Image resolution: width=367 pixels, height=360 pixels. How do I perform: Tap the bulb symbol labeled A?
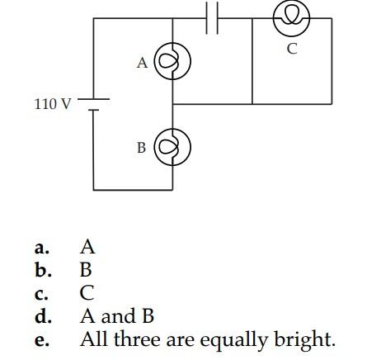173,62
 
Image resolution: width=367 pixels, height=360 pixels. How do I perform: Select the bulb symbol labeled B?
173,147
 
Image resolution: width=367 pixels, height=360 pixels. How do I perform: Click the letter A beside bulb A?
143,63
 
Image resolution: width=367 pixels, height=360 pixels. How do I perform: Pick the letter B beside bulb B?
142,148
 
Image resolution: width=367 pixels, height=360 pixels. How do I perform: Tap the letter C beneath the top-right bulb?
292,49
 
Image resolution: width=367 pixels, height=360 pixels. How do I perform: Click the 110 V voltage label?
53,105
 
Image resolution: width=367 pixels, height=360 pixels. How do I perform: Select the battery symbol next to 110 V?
93,105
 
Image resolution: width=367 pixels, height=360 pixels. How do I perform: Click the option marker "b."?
43,269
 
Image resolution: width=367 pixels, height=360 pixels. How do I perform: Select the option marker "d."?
43,315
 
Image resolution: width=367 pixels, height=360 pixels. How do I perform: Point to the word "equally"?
228,339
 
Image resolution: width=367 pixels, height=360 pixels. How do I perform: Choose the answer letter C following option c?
87,292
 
